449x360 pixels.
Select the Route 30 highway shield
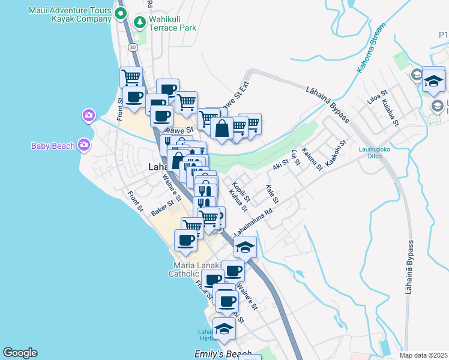click(x=132, y=47)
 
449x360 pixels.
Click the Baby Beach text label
click(x=53, y=146)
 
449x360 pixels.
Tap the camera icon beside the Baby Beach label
click(x=83, y=144)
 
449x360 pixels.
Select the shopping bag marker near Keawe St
click(x=221, y=128)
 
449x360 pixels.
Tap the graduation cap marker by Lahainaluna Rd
click(x=245, y=247)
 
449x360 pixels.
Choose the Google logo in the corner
click(x=20, y=353)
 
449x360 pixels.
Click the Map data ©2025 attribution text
click(x=424, y=355)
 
